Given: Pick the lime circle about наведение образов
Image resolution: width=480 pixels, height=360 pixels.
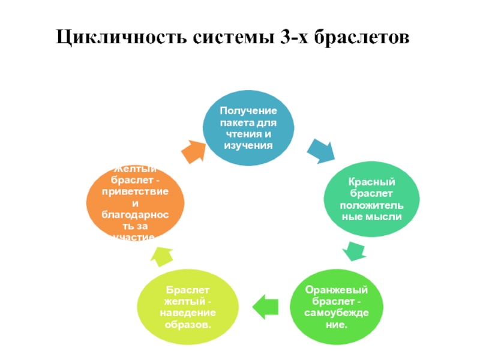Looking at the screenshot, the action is point(188,307).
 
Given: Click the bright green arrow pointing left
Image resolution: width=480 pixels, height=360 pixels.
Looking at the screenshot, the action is point(264,307).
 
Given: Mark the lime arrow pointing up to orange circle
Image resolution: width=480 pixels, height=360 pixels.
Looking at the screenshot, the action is point(160,256).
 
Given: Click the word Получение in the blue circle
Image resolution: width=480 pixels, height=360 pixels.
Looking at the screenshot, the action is point(248,111).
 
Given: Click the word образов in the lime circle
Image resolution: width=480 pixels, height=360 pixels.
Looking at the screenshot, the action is point(188,325).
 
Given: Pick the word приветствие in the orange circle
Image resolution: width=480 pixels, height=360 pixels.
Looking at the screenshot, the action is point(134,191).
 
